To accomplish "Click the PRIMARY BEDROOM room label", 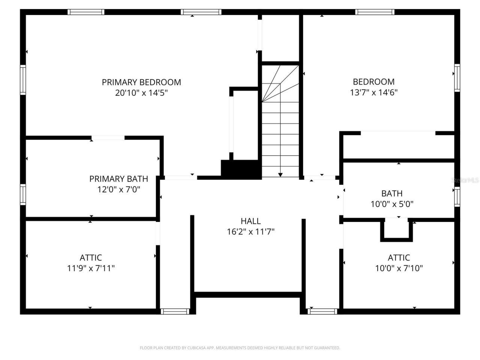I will pos(141,82).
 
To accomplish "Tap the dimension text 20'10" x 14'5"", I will pos(141,93).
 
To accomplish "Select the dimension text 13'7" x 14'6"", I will pos(373,93).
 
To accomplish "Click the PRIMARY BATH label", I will pos(118,179).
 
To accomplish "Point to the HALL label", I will pos(250,221).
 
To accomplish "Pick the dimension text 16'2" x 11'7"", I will pos(250,232).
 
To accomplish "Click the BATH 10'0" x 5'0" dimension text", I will pos(392,204).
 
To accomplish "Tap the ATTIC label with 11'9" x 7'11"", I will pos(91,258).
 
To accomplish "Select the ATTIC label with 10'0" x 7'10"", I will pos(399,258).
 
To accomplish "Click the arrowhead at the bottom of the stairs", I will pos(280,175).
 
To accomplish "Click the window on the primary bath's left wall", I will pos(23,195).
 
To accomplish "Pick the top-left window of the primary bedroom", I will pos(86,12).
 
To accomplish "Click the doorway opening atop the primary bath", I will pos(108,138).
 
